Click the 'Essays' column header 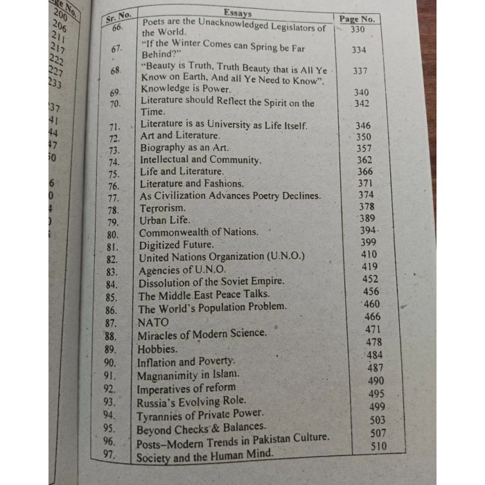click(x=238, y=12)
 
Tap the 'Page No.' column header click(x=358, y=19)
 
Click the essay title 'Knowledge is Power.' click(x=185, y=89)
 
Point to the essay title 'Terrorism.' click(x=163, y=208)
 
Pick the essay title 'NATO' click(x=153, y=322)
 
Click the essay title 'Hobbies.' click(x=157, y=349)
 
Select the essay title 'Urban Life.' click(x=164, y=220)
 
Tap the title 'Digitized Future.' click(x=176, y=245)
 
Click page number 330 click(x=358, y=30)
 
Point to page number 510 click(x=379, y=446)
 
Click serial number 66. click(x=116, y=28)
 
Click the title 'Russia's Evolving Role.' click(x=191, y=400)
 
